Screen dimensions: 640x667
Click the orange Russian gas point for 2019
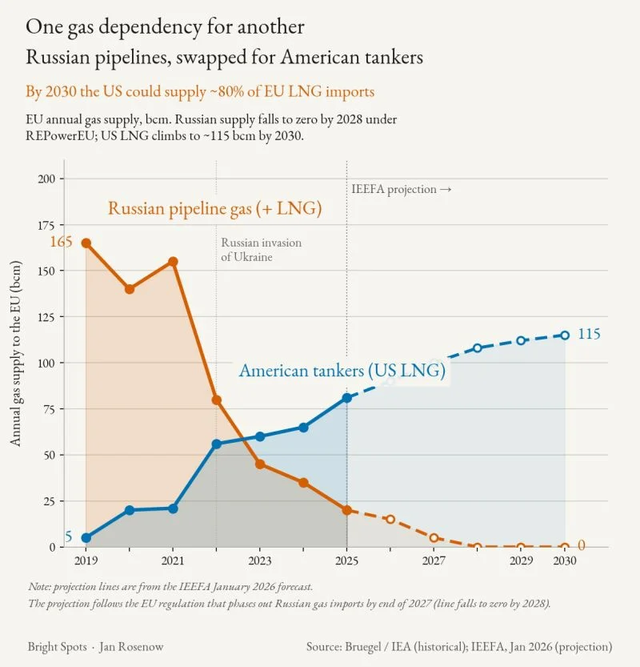coord(86,243)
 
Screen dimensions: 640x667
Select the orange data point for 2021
coord(173,262)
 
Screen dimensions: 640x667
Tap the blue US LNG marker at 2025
coord(346,398)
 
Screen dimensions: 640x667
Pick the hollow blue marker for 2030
coord(565,336)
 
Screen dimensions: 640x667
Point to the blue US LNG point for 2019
coord(86,538)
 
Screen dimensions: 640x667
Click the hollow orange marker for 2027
coord(434,538)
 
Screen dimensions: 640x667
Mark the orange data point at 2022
coord(216,400)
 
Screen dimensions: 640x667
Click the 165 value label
coord(61,242)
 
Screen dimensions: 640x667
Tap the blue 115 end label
coord(589,334)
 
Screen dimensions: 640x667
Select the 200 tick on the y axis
coord(46,179)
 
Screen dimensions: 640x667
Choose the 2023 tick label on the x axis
coord(260,561)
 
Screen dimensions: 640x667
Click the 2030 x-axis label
coord(565,561)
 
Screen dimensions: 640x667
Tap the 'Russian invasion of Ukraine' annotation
coord(261,250)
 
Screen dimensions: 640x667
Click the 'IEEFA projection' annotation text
coord(394,189)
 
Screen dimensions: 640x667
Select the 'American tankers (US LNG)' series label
coord(342,371)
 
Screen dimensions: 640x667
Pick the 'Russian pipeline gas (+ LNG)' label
coord(214,208)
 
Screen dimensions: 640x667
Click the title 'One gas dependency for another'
coord(165,27)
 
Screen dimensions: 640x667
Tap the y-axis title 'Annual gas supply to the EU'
coord(15,353)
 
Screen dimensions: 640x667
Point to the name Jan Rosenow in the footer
coord(131,647)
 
